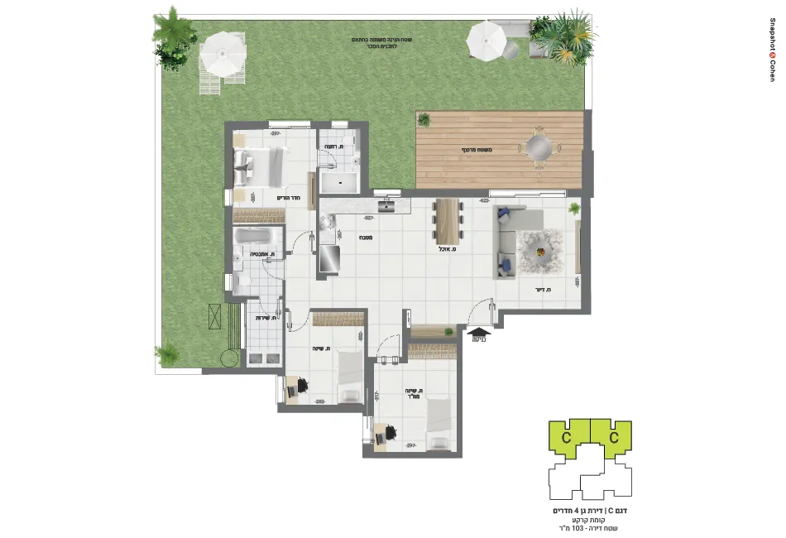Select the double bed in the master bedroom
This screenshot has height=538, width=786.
pos(257,166)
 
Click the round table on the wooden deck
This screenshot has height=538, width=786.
pos(538,149)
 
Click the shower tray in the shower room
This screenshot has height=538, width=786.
pos(338,182)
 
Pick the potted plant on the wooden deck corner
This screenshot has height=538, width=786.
pos(424,120)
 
